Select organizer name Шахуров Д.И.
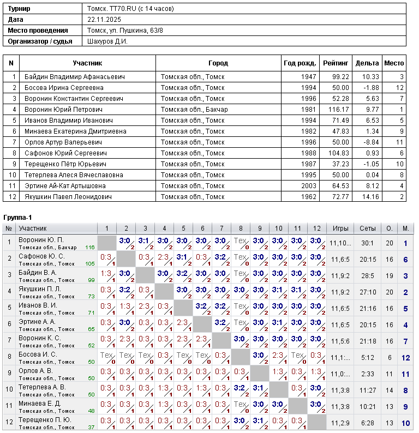(x=107, y=41)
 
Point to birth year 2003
(x=308, y=186)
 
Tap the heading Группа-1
(x=17, y=218)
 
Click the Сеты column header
(x=364, y=228)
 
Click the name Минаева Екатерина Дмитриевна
(x=75, y=131)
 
